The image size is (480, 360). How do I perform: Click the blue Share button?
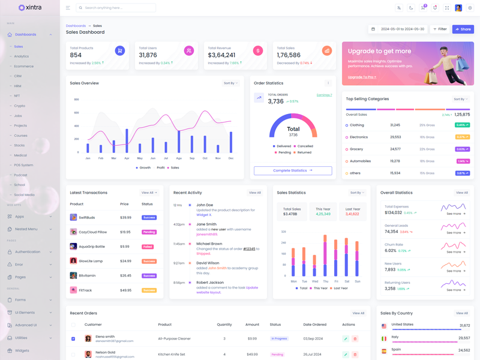[x=463, y=29]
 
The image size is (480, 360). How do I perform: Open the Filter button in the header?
[x=440, y=29]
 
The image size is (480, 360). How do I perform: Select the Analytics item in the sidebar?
[x=22, y=56]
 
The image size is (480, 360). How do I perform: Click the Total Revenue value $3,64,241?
[x=221, y=55]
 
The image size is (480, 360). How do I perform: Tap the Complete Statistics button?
[x=293, y=170]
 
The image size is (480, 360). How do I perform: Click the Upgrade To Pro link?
[x=362, y=77]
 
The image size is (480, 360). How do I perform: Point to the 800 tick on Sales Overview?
[x=76, y=100]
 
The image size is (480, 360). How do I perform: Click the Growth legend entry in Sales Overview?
[x=143, y=168]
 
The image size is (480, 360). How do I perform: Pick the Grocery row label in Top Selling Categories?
[x=356, y=149]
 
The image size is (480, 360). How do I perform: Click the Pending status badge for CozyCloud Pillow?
[x=149, y=232]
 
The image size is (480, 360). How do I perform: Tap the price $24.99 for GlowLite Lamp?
[x=125, y=261]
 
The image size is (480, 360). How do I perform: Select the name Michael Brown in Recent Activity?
[x=209, y=244]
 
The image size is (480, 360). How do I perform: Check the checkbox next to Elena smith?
[x=73, y=338]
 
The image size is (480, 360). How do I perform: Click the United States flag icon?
[x=384, y=326]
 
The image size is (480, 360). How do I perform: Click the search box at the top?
[x=116, y=8]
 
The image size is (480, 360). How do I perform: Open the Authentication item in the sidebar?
[x=28, y=252]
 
